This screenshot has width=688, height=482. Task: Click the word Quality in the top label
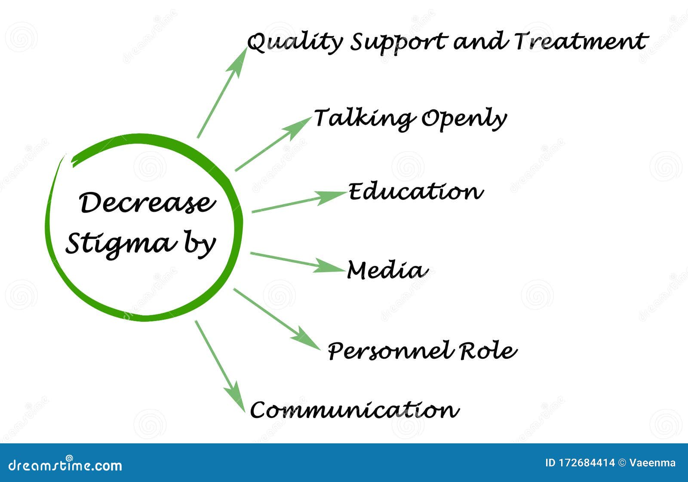point(295,43)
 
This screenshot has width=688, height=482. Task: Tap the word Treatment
point(581,41)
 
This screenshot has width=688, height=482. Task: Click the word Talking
point(364,118)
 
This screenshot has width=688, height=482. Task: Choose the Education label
point(415,192)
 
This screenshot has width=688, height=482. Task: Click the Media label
point(387,270)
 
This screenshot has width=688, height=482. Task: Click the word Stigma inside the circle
point(121,244)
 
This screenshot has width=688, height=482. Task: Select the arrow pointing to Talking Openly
point(273,144)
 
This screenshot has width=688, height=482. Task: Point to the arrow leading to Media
point(297,262)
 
